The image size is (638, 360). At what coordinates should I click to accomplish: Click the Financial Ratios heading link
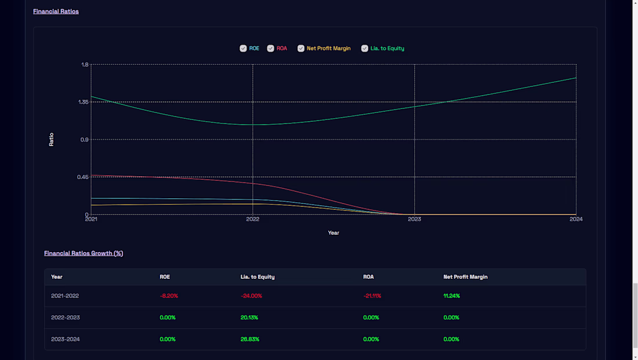(56, 11)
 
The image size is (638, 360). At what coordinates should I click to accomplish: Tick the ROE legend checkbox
(243, 48)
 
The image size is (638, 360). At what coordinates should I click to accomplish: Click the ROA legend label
(281, 48)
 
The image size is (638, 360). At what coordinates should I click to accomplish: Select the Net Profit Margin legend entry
(328, 48)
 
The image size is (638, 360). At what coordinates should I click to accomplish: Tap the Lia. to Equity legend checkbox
(365, 48)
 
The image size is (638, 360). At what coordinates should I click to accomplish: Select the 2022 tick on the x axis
(253, 219)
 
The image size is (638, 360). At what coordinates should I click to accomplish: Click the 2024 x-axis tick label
(575, 219)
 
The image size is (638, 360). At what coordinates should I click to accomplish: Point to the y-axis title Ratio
(51, 139)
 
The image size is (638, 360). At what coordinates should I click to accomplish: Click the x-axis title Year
(333, 232)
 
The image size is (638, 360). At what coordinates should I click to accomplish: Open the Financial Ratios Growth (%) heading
(84, 253)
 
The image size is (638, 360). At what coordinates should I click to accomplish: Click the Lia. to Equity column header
(258, 277)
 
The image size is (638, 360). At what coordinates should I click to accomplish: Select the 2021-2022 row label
(65, 296)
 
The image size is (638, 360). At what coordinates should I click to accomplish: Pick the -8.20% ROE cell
(169, 296)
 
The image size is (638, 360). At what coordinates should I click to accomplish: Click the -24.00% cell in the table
(251, 296)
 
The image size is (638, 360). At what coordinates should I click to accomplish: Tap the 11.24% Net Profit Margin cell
(452, 296)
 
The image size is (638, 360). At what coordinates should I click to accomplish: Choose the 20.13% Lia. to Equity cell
(249, 318)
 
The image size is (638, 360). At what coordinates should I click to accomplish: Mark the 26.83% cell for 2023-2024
(250, 339)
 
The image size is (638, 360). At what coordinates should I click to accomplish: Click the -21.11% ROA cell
(372, 296)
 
